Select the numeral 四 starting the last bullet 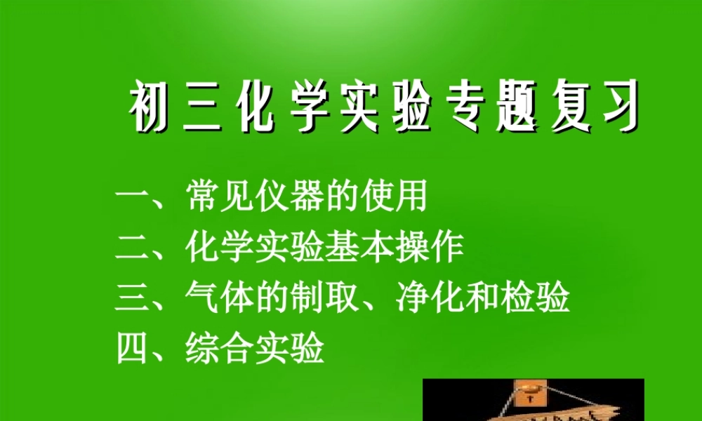(x=133, y=349)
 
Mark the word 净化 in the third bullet (x=428, y=298)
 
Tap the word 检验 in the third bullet (x=534, y=298)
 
